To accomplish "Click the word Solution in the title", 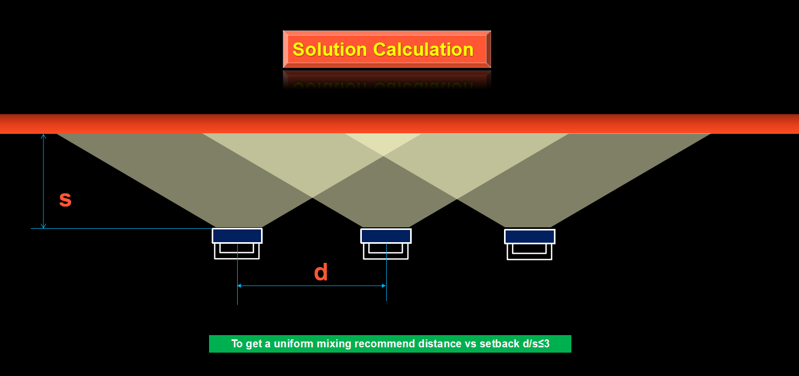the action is (x=329, y=49).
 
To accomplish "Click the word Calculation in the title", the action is (x=423, y=49).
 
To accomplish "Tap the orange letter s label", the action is (x=65, y=199).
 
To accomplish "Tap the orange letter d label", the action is (x=320, y=272).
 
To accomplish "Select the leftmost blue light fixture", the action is (x=237, y=236).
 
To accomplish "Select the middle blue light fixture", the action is (x=386, y=236).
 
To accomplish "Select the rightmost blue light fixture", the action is (x=529, y=236).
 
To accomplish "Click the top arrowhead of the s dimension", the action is (x=44, y=136).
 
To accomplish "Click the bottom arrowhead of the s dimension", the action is (x=44, y=226).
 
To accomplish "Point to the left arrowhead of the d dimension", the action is (x=239, y=286).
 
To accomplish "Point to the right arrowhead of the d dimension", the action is (x=384, y=286).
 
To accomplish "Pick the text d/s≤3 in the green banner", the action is (x=536, y=344).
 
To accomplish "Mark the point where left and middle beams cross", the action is (x=312, y=198).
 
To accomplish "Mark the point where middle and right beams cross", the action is (x=457, y=199).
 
